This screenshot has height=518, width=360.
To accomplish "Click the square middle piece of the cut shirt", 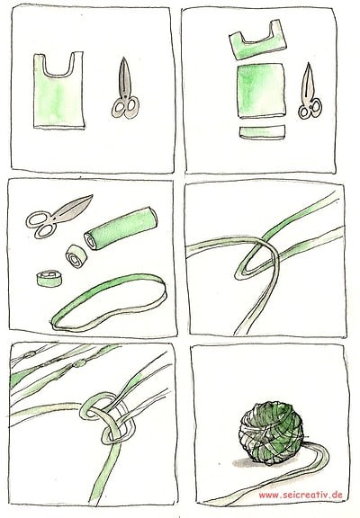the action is pyautogui.click(x=261, y=91).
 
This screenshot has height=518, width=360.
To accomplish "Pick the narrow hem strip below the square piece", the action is pyautogui.click(x=262, y=131).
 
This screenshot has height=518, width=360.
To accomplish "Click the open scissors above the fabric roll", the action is pyautogui.click(x=56, y=216).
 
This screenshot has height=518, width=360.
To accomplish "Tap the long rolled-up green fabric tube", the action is pyautogui.click(x=121, y=228).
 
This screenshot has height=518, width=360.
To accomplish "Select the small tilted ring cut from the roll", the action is pyautogui.click(x=76, y=256).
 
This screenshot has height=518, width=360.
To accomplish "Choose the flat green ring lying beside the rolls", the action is pyautogui.click(x=49, y=279).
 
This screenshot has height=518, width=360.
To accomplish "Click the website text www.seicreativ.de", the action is pyautogui.click(x=301, y=495).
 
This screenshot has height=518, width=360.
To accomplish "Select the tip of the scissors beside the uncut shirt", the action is pyautogui.click(x=123, y=58).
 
